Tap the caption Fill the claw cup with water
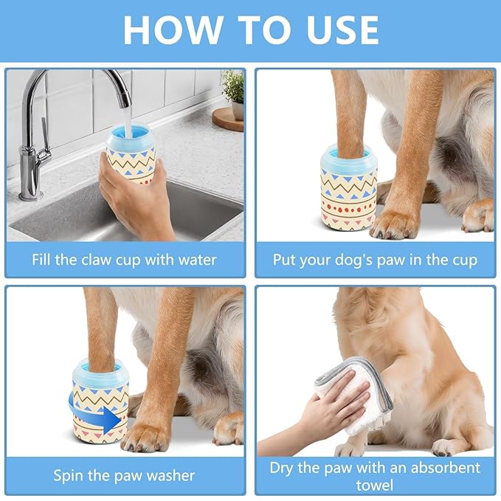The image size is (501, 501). (124, 260)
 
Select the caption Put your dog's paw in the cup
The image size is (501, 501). (375, 260)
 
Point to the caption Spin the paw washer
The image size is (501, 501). (124, 475)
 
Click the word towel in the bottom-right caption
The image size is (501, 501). (375, 485)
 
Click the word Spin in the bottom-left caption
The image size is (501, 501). (69, 475)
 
